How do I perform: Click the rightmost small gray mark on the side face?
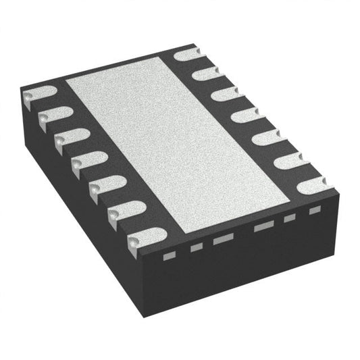tap(313, 210)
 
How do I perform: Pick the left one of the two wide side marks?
tap(220, 240)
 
